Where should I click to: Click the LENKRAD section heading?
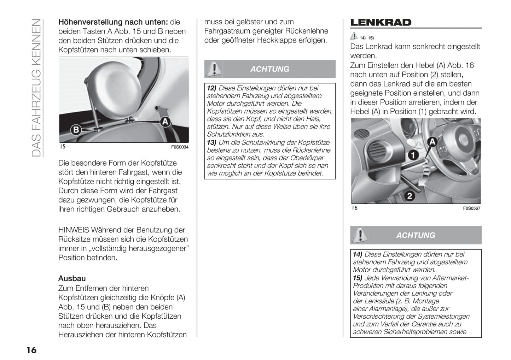pyautogui.click(x=381, y=23)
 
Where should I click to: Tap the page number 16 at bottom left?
pyautogui.click(x=31, y=350)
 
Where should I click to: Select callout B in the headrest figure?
pyautogui.click(x=75, y=130)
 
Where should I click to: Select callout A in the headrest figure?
pyautogui.click(x=165, y=122)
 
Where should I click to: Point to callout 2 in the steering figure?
pyautogui.click(x=410, y=195)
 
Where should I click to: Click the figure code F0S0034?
pyautogui.click(x=180, y=147)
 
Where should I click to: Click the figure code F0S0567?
pyautogui.click(x=472, y=208)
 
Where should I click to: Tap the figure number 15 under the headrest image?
pyautogui.click(x=63, y=147)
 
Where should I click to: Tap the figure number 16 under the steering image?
pyautogui.click(x=355, y=208)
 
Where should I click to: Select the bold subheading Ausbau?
pyautogui.click(x=72, y=278)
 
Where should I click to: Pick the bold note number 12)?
pyautogui.click(x=211, y=88)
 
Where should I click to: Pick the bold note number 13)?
pyautogui.click(x=211, y=142)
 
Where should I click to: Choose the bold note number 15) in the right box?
pyautogui.click(x=358, y=278)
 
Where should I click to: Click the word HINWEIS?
pyautogui.click(x=74, y=230)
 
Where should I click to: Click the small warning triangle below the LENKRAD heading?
pyautogui.click(x=354, y=36)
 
